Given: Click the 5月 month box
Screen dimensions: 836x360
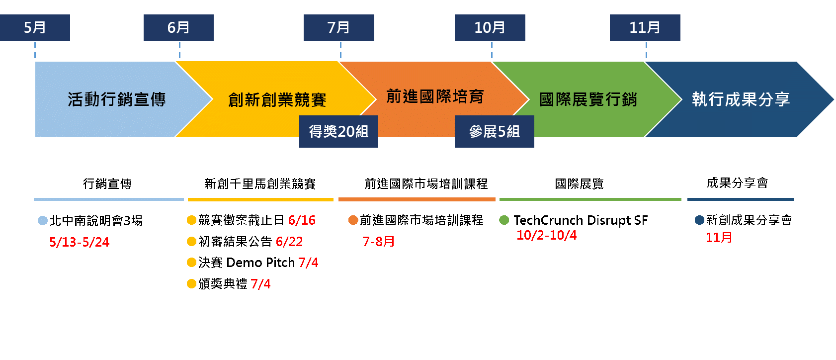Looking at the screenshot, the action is [35, 28].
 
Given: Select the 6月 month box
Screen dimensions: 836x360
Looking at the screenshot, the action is [178, 28].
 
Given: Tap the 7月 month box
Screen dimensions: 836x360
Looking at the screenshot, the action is [339, 28].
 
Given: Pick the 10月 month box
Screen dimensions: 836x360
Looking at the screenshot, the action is [490, 28].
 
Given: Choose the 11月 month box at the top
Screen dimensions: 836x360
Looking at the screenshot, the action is [645, 28].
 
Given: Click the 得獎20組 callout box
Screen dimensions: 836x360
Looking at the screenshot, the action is [338, 131].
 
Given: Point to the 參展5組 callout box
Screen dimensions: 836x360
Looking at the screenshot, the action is [495, 131].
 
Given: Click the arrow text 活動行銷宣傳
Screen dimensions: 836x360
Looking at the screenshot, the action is [117, 100].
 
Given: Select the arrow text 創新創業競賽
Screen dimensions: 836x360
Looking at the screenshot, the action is [277, 100].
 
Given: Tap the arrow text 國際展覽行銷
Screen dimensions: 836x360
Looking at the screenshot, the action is [588, 100].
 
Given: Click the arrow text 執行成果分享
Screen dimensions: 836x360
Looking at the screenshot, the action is [741, 99].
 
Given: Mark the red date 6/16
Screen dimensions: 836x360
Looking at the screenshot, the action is [302, 220].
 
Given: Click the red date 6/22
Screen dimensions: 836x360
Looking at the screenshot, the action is [289, 242].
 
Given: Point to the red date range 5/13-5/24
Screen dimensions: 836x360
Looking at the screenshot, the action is [80, 242].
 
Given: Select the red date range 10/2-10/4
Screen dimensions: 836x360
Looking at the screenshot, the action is [547, 235].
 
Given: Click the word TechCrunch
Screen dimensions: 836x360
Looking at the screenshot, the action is [548, 220].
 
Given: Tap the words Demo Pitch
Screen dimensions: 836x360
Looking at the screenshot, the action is [260, 263].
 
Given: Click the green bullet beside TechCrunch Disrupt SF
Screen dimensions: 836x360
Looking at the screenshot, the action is [504, 220].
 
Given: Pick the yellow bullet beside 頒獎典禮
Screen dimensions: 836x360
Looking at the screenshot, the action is [191, 284].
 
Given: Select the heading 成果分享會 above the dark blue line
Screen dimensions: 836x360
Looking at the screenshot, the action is [738, 183].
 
